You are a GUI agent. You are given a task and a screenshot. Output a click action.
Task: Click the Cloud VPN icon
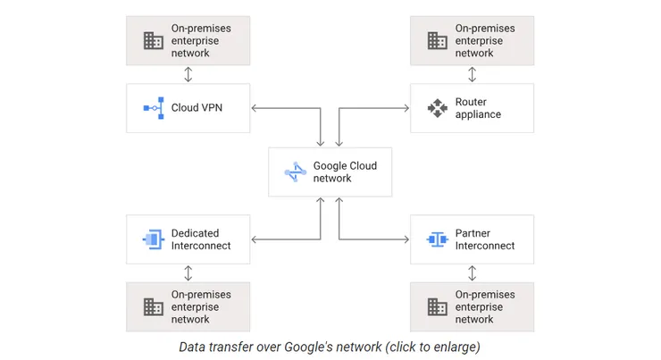(x=153, y=109)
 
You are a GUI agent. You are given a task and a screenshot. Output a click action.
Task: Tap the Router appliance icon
(x=437, y=109)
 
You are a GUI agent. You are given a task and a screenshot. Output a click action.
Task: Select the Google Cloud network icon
(x=295, y=172)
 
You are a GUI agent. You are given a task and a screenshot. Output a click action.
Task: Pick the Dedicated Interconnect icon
(x=153, y=239)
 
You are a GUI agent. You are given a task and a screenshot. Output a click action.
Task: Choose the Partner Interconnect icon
(x=437, y=239)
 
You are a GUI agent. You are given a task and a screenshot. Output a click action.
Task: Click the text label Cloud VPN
(x=197, y=109)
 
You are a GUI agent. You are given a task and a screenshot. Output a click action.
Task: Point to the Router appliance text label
(x=478, y=109)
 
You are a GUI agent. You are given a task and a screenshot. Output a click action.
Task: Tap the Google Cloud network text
(x=345, y=172)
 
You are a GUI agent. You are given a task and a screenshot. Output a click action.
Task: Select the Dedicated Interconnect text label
(x=201, y=239)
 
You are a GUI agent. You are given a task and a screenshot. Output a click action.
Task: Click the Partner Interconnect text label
(x=485, y=239)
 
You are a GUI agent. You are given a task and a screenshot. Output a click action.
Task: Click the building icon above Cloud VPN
(x=153, y=40)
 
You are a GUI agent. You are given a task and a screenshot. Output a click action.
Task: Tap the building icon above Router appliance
(x=437, y=40)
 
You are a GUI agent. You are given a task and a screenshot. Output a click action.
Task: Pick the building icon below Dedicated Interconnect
(x=153, y=306)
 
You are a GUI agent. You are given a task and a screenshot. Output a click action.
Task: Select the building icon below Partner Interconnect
(x=437, y=306)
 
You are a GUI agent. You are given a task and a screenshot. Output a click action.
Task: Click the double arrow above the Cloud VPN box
(x=188, y=74)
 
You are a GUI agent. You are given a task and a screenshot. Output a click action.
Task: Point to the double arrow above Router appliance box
(x=472, y=74)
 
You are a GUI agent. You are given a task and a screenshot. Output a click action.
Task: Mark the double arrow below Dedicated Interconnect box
(x=188, y=272)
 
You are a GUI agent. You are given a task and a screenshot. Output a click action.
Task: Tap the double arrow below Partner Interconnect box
(x=472, y=272)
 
